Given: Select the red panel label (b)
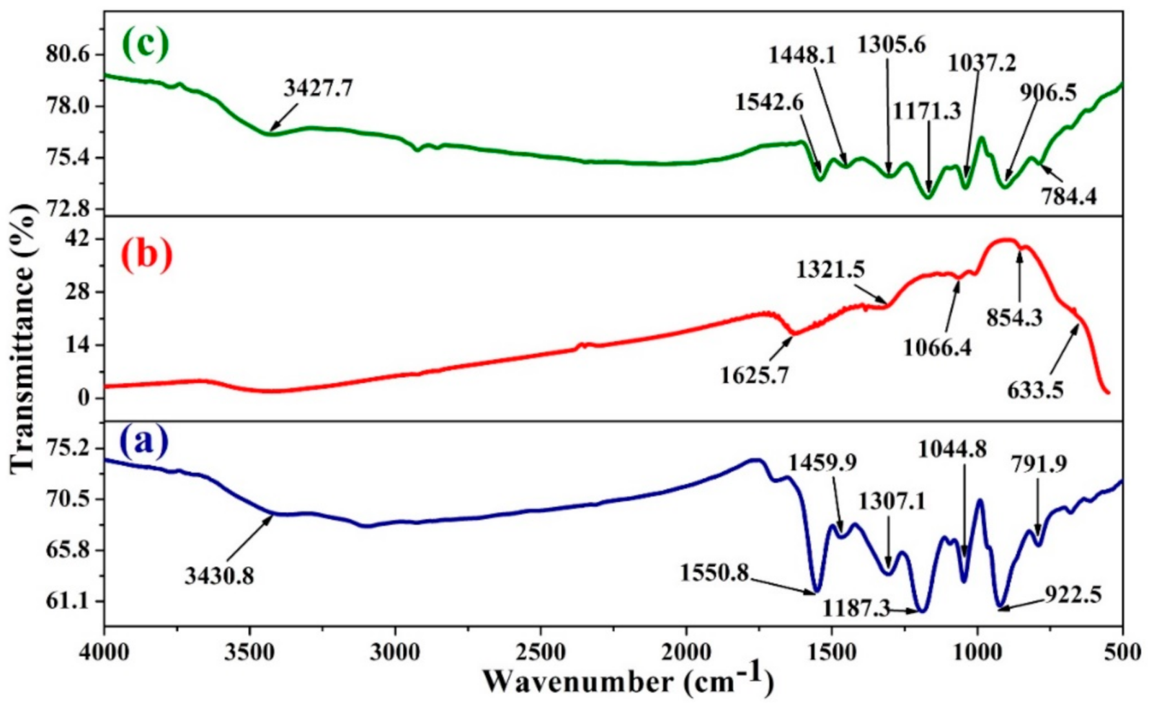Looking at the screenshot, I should click(x=147, y=254).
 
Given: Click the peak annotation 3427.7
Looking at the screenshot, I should click(x=318, y=88).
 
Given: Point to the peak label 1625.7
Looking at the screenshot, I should click(x=754, y=375).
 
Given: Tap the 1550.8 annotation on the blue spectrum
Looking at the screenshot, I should click(x=714, y=572).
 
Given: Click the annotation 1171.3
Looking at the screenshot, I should click(x=927, y=111).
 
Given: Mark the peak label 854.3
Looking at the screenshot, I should click(x=1014, y=317).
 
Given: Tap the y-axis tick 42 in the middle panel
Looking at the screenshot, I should click(x=81, y=240).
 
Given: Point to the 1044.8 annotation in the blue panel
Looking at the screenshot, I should click(x=953, y=450).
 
